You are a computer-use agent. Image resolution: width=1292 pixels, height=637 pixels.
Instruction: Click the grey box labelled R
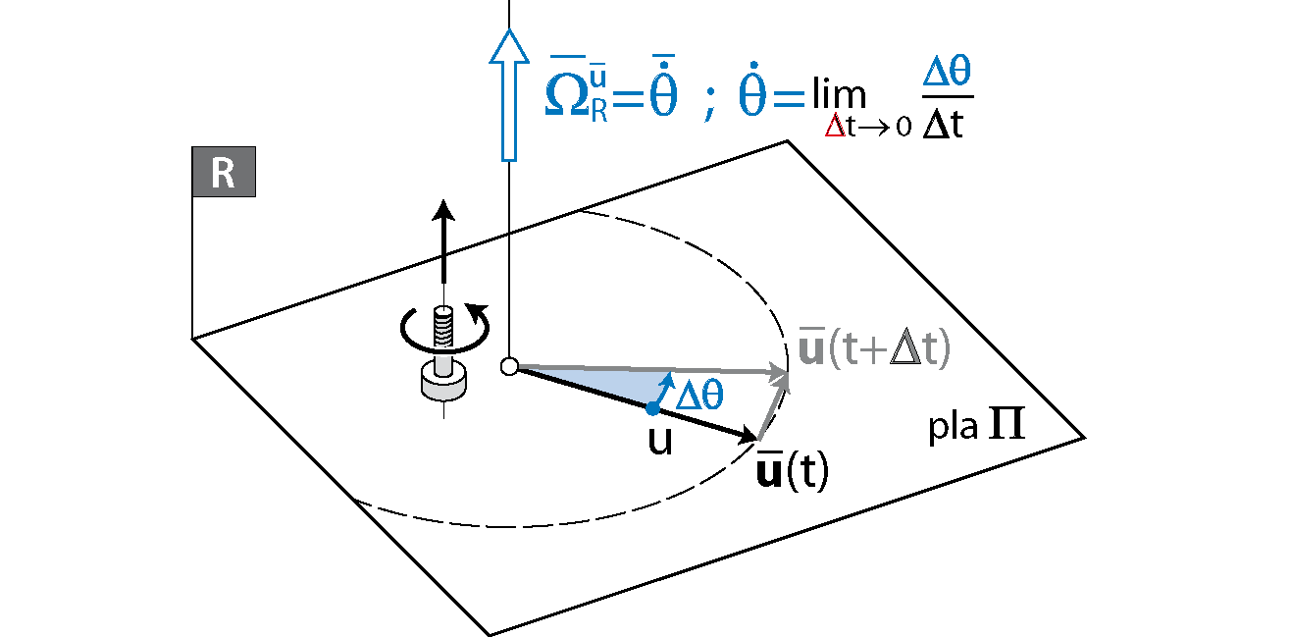click(224, 174)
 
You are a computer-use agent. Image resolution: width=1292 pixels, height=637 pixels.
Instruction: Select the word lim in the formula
click(838, 96)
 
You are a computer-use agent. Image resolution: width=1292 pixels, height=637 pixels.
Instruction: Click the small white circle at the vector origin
click(508, 367)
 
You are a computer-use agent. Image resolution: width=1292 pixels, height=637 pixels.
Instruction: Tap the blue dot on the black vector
click(652, 408)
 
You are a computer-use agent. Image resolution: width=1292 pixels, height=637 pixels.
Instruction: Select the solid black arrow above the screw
click(443, 245)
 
